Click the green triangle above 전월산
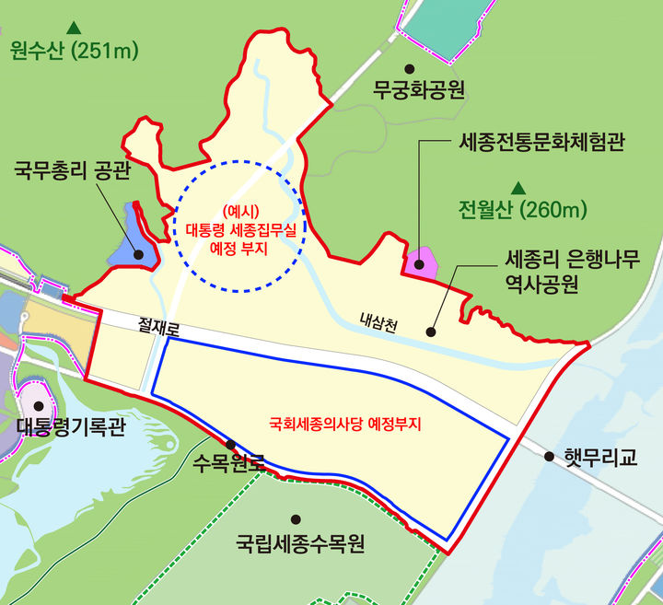pos(519,186)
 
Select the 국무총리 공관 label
pos(72,170)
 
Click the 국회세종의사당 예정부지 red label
pos(343,425)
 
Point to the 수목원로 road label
pos(229,464)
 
